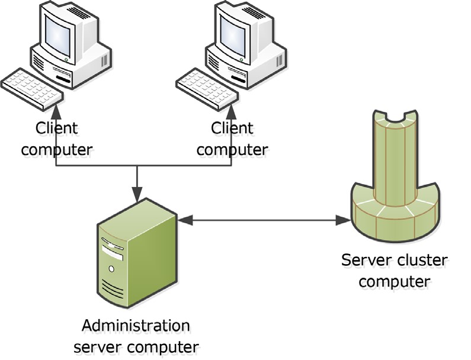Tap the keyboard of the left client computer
tap(31, 89)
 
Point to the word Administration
tap(136, 325)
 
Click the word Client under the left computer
tap(57, 128)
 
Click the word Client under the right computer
tap(232, 128)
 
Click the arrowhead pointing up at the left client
tap(56, 111)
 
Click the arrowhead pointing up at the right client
tap(232, 111)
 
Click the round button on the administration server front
tap(111, 269)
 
